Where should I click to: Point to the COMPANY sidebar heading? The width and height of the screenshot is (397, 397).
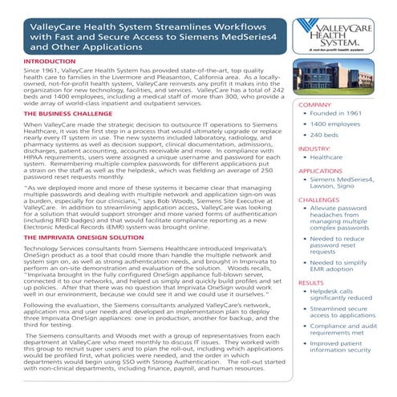point(315,105)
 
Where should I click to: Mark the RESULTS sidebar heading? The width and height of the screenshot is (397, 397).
point(311,283)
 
